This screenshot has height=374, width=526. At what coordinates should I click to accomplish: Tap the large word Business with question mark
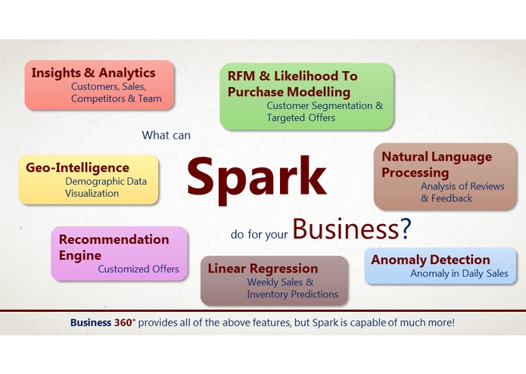pos(351,228)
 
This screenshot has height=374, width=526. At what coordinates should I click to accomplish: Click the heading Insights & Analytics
pos(93,73)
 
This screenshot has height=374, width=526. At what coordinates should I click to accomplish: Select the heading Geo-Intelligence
pos(77,167)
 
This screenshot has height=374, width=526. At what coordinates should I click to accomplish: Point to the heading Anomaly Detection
pos(431,260)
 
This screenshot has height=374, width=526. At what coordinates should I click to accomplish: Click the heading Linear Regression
pos(263,268)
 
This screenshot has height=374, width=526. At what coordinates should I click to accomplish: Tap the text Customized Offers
pos(139,269)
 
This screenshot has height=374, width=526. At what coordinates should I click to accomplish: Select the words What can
pos(166,136)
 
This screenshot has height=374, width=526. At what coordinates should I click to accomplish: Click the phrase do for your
pos(259,235)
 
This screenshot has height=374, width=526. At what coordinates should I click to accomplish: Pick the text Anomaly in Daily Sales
pos(459,273)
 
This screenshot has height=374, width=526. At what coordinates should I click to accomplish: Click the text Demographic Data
pos(106,181)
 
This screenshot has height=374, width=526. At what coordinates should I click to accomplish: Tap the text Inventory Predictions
pos(292,294)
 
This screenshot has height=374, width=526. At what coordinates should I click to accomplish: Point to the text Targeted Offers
pos(300,117)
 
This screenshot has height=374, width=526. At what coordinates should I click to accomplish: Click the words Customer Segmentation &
pos(325,105)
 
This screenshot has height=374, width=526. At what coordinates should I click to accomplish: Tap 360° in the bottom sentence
pos(125,323)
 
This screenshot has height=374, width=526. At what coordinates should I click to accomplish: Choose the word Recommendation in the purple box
pos(114,239)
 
